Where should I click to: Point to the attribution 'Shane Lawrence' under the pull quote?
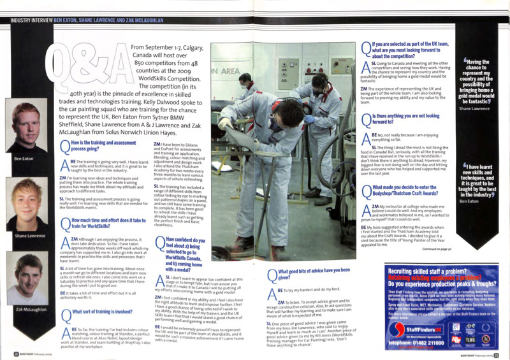[x=473, y=109]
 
